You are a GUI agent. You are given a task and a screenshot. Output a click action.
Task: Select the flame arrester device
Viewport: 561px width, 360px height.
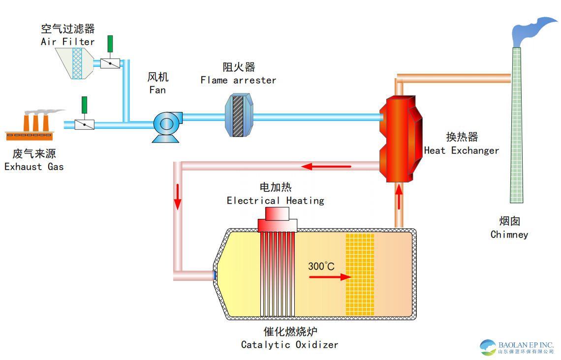(239, 117)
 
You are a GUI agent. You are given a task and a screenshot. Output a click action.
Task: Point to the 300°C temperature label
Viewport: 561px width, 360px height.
(321, 266)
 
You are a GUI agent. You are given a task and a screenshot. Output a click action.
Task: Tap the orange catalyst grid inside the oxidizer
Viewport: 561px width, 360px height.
(360, 274)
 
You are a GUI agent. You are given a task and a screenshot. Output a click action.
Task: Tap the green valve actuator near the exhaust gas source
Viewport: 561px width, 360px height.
(84, 104)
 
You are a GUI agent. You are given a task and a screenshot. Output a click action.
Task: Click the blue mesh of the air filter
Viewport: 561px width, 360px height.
(77, 63)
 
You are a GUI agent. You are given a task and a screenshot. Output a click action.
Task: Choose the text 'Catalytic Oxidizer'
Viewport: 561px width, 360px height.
(289, 345)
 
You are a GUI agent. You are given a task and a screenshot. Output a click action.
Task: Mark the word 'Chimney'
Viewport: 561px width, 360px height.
(509, 235)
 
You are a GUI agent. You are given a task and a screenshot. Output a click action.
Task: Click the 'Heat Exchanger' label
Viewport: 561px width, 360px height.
(462, 150)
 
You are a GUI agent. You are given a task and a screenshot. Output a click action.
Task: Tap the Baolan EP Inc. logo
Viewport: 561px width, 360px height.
(517, 348)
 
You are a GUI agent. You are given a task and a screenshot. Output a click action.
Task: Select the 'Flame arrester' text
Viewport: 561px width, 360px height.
(238, 80)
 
